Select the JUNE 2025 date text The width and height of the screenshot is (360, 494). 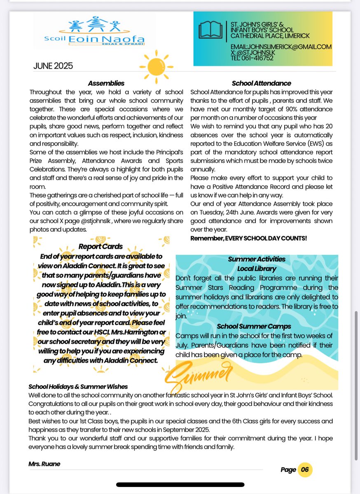coord(53,66)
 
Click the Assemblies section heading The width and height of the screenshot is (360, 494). coord(106,83)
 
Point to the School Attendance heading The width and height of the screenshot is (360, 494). coord(261,83)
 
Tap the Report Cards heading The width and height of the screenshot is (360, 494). coord(101,247)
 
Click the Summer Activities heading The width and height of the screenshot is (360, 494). coord(257,259)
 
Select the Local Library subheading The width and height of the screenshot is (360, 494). coord(257,269)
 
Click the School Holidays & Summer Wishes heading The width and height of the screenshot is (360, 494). coord(78,387)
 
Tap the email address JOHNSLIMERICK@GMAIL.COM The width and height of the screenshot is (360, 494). coord(293,47)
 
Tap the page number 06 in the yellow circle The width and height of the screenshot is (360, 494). coord(305,470)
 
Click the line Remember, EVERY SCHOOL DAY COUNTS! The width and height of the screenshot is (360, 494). coord(248,238)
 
